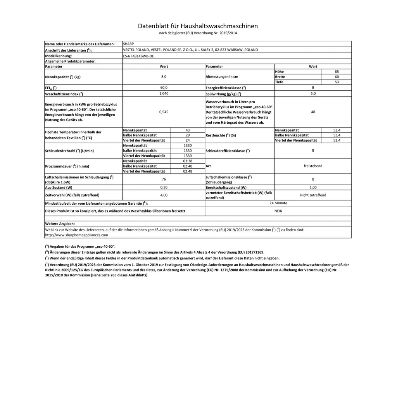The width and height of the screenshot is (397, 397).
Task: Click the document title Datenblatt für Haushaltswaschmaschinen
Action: click(x=198, y=26)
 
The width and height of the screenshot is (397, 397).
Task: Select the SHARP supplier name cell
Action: click(x=128, y=44)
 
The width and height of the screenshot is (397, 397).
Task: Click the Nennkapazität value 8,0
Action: click(x=164, y=77)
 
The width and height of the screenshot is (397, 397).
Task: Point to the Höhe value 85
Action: click(x=337, y=72)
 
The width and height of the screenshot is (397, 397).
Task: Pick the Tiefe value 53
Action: click(x=337, y=82)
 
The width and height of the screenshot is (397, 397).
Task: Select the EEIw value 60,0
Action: click(x=164, y=88)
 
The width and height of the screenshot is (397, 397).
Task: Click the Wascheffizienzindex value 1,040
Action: click(x=164, y=93)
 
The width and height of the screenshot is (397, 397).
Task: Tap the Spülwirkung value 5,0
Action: click(x=313, y=93)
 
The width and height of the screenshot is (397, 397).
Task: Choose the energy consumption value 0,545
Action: click(x=164, y=112)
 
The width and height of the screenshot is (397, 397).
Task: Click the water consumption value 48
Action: click(x=313, y=112)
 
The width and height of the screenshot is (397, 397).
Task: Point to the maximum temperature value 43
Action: click(x=187, y=130)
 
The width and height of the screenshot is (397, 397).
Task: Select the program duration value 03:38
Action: click(x=187, y=161)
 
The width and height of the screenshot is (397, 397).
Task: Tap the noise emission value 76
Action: click(x=164, y=179)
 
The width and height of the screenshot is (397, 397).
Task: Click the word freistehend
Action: click(x=313, y=166)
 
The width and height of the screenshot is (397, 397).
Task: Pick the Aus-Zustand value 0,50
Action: click(x=164, y=187)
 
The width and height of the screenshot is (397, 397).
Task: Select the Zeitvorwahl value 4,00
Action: click(x=164, y=195)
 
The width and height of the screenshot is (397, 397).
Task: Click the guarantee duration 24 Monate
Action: click(x=278, y=203)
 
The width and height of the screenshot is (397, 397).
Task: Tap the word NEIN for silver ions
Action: click(x=278, y=211)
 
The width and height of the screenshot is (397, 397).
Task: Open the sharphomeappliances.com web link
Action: click(x=77, y=235)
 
